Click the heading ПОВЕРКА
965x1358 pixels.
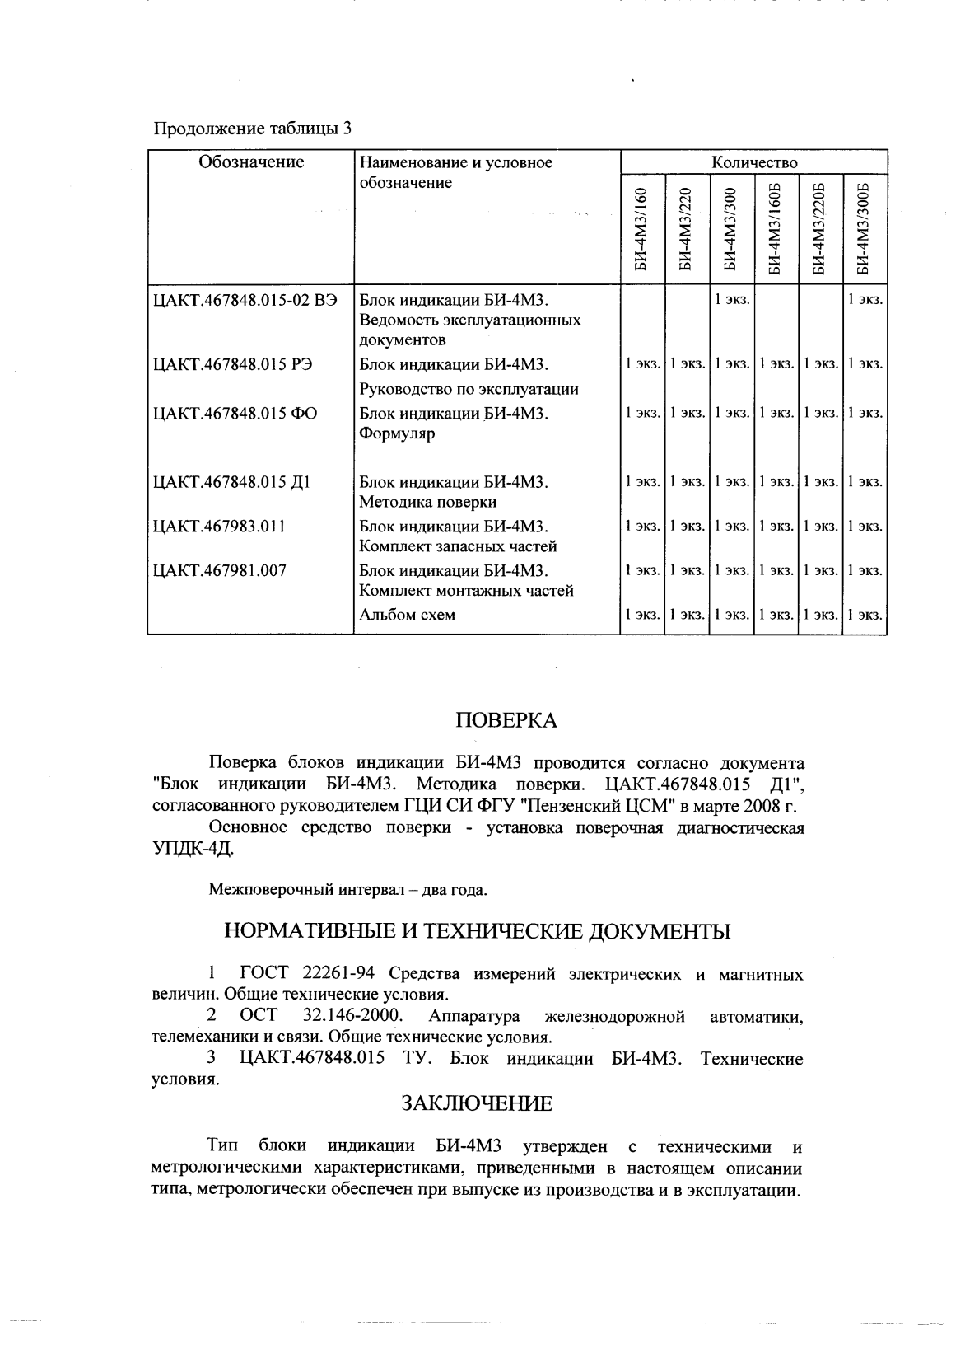point(506,721)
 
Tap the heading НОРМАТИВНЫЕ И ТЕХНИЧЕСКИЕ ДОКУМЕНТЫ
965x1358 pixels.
point(478,932)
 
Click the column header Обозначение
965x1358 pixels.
point(251,162)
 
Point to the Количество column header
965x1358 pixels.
point(753,162)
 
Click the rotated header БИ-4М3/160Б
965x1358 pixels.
point(775,231)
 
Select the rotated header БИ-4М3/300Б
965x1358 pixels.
point(864,231)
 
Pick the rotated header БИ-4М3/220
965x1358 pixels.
point(686,231)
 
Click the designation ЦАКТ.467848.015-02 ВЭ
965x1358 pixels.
point(245,299)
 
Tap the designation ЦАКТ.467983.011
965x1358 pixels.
point(220,527)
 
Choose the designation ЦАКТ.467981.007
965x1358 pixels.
point(220,570)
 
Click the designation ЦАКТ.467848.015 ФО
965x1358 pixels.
point(235,414)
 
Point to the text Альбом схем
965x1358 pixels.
point(408,615)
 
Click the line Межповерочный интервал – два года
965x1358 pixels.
point(348,890)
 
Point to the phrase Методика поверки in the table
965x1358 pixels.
point(427,502)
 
